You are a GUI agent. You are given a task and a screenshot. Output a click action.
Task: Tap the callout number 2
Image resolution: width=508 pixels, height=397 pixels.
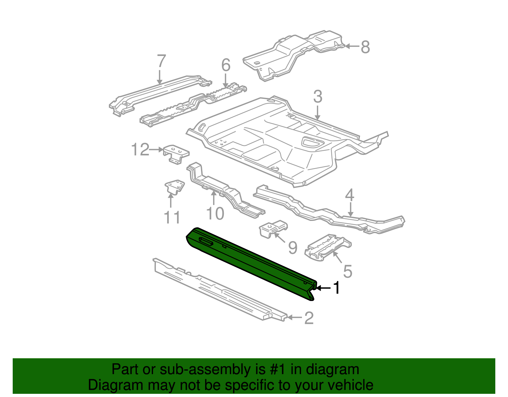(309, 318)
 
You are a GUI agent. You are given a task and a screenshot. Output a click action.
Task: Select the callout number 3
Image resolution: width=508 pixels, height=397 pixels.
(317, 97)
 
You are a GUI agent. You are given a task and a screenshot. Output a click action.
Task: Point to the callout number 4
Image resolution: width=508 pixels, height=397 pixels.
(349, 195)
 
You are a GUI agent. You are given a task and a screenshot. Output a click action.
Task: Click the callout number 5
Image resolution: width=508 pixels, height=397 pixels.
(348, 271)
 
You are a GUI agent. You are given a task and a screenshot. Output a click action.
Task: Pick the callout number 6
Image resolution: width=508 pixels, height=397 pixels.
(226, 65)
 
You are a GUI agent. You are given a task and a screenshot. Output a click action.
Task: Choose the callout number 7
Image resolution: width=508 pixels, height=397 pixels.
(161, 61)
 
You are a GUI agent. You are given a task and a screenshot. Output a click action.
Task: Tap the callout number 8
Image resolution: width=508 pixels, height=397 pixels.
(365, 47)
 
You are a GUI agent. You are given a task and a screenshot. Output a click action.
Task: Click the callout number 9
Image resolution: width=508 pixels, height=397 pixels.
(293, 247)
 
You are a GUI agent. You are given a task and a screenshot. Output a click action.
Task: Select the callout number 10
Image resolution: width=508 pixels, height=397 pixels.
(215, 214)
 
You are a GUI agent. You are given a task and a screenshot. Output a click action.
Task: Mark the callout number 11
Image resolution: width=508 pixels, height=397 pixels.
(172, 218)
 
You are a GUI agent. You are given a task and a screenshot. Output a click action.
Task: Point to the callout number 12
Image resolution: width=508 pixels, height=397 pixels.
(140, 149)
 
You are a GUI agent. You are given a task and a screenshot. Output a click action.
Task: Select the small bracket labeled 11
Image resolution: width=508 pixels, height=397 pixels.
(174, 187)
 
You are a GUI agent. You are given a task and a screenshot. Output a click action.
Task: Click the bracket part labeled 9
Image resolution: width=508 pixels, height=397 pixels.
(273, 229)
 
